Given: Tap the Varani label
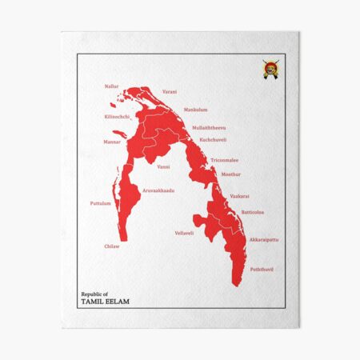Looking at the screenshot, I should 170,92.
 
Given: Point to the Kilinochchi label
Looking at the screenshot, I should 117,117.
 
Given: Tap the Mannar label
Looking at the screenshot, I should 112,142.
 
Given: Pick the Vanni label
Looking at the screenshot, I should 163,166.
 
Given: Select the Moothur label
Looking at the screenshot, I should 230,173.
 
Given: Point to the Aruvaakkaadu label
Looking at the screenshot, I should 158,190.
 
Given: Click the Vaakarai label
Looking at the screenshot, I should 239,196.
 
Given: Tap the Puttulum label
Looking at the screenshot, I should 100,203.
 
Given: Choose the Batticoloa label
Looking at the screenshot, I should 252,212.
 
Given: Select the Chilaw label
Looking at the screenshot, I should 111,246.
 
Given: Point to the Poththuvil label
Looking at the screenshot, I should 262,270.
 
